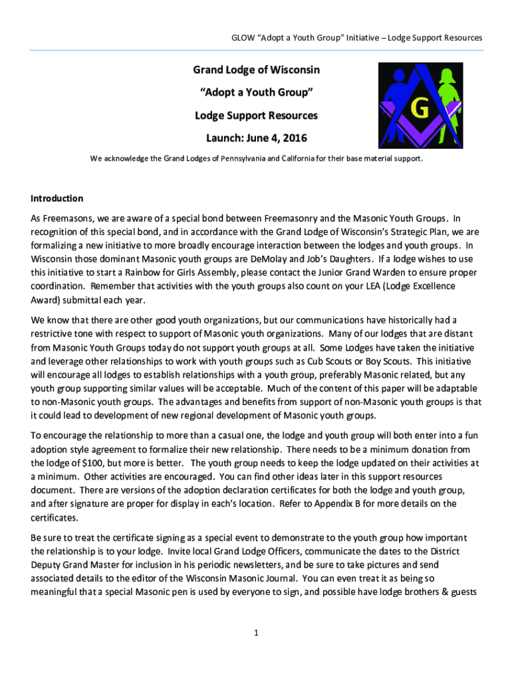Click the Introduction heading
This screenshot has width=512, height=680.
click(x=57, y=199)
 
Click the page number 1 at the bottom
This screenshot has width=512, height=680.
click(x=255, y=633)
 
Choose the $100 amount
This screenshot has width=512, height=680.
click(x=94, y=463)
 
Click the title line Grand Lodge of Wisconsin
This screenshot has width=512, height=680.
click(x=256, y=70)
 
